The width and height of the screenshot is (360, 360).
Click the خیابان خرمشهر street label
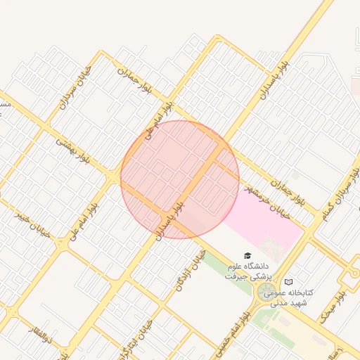[267, 202]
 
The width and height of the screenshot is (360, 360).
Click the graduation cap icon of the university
[247, 255]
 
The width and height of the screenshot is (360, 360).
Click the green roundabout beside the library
[266, 292]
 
